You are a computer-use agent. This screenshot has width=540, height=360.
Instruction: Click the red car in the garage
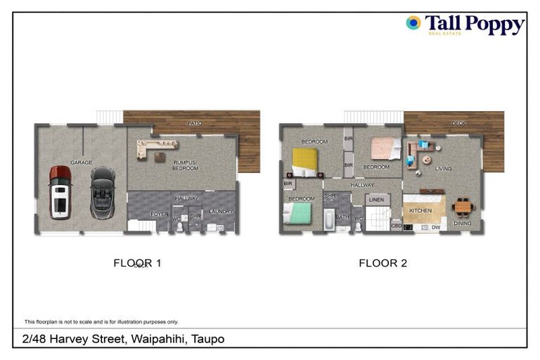[x=60, y=192]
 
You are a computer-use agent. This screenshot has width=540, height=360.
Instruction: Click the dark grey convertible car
[x=102, y=192]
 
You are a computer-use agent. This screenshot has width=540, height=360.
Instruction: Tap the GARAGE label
[x=82, y=162]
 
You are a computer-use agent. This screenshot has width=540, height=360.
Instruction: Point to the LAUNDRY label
[x=221, y=212]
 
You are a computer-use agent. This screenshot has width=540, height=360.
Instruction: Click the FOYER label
[x=160, y=214]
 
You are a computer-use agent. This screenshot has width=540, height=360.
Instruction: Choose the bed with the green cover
[x=297, y=212]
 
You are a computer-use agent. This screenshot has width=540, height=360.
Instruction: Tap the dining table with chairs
[x=462, y=207]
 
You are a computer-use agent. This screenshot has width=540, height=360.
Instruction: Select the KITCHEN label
[x=421, y=210]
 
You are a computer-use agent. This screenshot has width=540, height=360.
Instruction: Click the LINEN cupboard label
[x=377, y=201]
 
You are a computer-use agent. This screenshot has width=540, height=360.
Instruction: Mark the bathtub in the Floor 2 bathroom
[x=328, y=219]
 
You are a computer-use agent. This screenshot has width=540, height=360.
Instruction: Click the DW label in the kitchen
[x=435, y=227]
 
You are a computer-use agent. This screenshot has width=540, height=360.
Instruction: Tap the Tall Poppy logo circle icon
[x=413, y=22]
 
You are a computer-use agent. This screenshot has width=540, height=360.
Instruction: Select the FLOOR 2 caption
[x=382, y=264]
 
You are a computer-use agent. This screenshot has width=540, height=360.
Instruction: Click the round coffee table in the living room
[x=427, y=160]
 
